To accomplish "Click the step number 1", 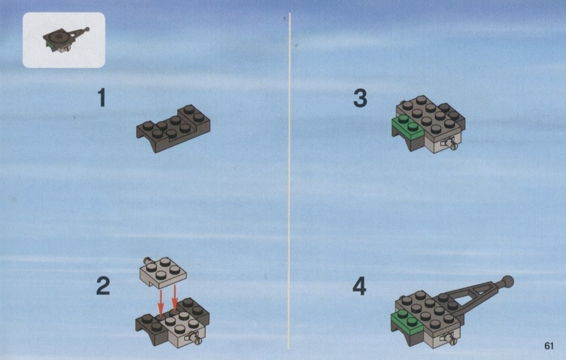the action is coord(102,97).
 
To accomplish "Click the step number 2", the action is coord(103,286).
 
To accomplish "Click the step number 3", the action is coord(360,98).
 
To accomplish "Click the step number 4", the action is coord(359,286).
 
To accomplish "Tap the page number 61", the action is coord(548,346).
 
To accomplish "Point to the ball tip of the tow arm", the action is coord(508,282).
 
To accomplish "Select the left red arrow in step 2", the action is coord(161,302).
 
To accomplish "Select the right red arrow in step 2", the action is coord(175,298).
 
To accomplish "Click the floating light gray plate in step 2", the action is coord(163,272).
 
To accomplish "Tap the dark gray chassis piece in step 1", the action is coord(173,128).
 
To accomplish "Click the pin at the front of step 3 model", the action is coord(451,144).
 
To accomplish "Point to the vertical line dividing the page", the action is coord(289,181).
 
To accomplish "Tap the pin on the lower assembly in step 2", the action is coord(196,340).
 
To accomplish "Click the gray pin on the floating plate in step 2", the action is coord(147,260).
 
